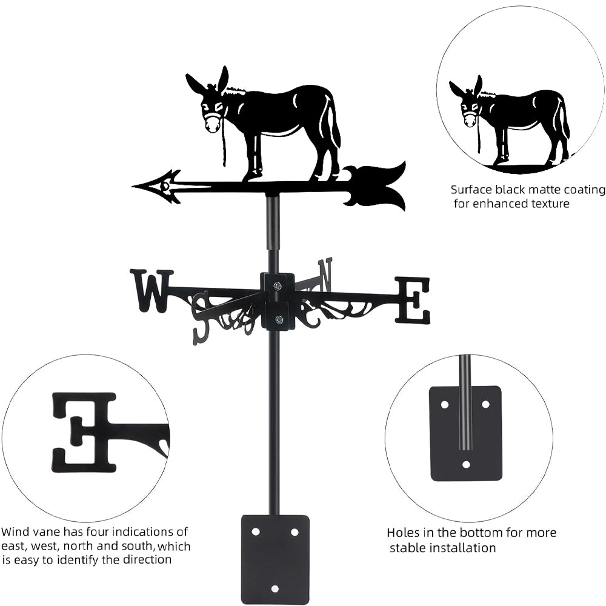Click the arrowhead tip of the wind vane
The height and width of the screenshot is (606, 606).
[x=133, y=186]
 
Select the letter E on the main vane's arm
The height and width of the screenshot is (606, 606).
[x=412, y=299]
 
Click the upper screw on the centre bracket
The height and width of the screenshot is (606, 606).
[x=278, y=285]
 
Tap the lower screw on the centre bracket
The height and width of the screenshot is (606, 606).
[x=278, y=319]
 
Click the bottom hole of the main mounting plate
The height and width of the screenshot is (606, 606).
[x=275, y=588]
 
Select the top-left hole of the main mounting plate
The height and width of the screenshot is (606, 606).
[x=256, y=532]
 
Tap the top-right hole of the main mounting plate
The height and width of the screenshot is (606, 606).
[x=295, y=532]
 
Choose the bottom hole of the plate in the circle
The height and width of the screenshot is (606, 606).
[x=466, y=464]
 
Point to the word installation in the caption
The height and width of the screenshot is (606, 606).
[x=458, y=548]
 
